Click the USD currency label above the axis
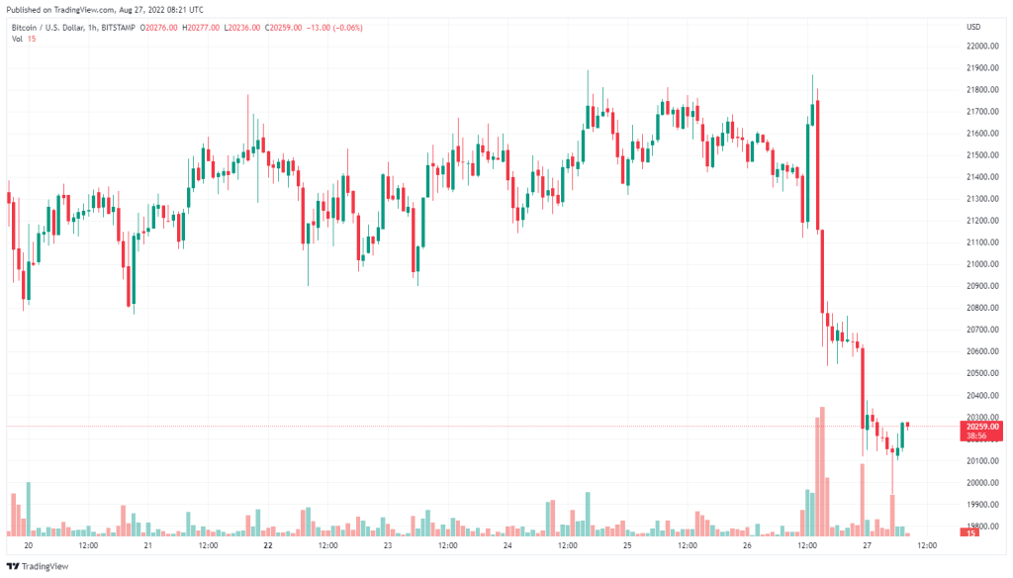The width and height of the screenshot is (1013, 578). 973,27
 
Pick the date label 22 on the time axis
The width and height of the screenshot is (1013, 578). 268,545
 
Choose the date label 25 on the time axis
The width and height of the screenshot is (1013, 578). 627,545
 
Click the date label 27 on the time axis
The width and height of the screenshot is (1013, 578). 867,545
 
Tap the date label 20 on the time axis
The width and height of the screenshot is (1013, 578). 29,545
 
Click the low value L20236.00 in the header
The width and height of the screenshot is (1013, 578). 242,28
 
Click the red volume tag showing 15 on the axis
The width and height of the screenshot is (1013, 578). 972,533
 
